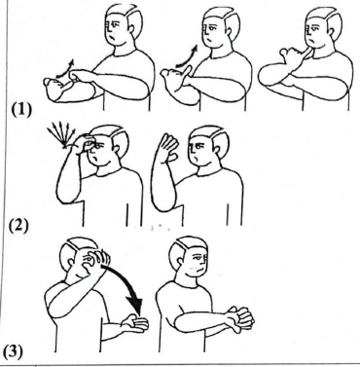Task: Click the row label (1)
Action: click(22, 111)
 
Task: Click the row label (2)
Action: click(18, 225)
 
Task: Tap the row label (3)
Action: click(14, 352)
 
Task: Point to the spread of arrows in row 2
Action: click(61, 137)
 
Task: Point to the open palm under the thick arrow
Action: click(135, 323)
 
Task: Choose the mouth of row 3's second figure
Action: click(200, 270)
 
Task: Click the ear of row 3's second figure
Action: click(177, 262)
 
